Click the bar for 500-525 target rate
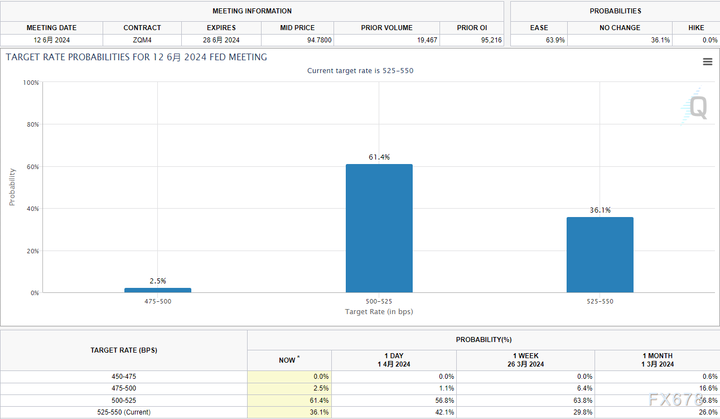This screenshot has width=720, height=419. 379,228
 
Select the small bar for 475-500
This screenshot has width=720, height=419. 158,290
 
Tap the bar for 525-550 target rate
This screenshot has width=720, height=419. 600,254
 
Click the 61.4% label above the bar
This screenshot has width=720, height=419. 379,157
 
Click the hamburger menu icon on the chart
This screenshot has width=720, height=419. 708,62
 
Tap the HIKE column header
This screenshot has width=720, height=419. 696,27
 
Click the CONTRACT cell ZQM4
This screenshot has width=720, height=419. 142,40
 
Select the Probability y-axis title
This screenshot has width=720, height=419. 12,187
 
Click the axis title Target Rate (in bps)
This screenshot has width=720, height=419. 379,311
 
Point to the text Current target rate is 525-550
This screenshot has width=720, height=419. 360,71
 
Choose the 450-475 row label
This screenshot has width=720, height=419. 124,377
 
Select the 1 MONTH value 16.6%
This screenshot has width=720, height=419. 708,388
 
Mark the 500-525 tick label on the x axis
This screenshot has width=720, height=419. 379,301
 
